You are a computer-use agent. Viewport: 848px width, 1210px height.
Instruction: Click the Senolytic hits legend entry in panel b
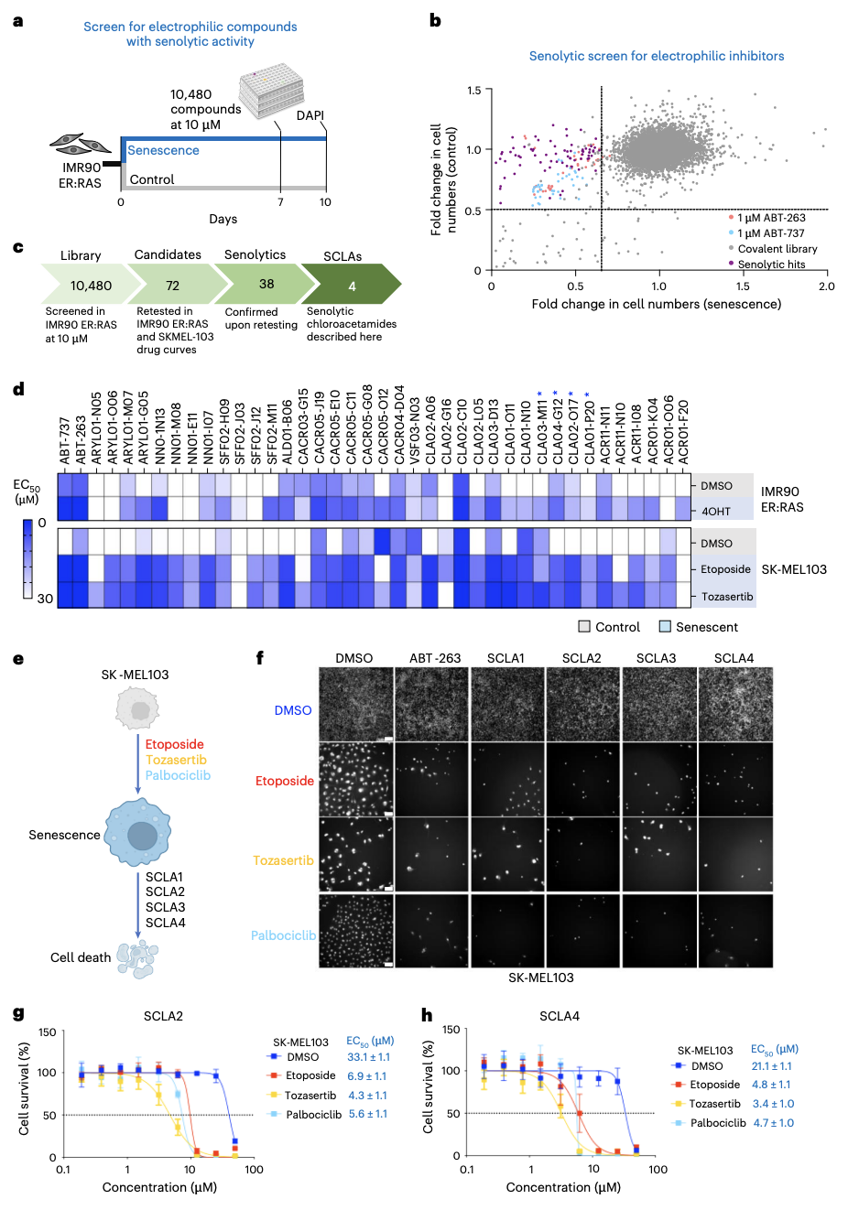pos(771,265)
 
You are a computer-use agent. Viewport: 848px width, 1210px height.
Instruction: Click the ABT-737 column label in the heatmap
pos(65,441)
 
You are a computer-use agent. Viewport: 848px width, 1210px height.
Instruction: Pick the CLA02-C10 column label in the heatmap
pos(462,432)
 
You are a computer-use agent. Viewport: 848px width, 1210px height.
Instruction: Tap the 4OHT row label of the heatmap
pos(716,511)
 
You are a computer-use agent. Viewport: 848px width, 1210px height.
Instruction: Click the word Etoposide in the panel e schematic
pos(175,744)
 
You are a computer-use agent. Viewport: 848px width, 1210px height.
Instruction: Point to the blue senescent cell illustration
pos(137,833)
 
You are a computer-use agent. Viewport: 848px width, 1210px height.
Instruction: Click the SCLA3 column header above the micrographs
pos(656,658)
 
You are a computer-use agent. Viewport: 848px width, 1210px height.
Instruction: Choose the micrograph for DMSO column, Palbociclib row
pos(356,931)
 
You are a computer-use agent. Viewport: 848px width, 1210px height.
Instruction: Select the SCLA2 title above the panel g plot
pos(163,1016)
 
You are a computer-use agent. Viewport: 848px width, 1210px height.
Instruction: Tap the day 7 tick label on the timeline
pos(280,202)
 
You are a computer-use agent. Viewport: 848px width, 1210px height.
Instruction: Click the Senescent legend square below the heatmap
pos(665,627)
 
